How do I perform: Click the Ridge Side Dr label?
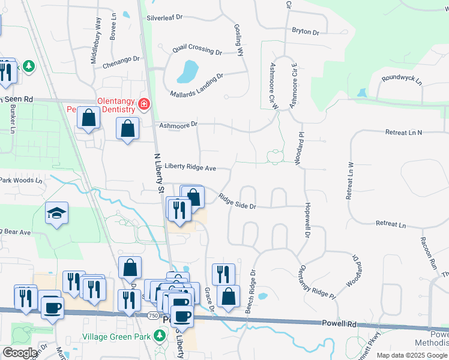coord(237,202)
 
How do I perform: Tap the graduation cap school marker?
coord(57,212)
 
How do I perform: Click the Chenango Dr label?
coord(121,59)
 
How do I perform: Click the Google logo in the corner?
coord(20,353)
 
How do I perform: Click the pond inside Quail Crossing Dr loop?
coord(187,73)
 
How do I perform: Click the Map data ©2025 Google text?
coord(412,355)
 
